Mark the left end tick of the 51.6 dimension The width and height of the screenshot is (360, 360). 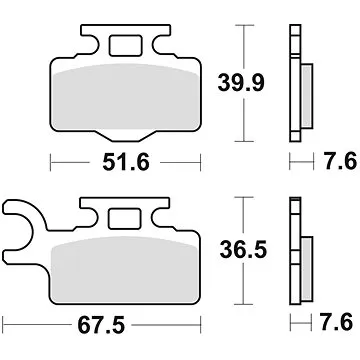click(x=51, y=160)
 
